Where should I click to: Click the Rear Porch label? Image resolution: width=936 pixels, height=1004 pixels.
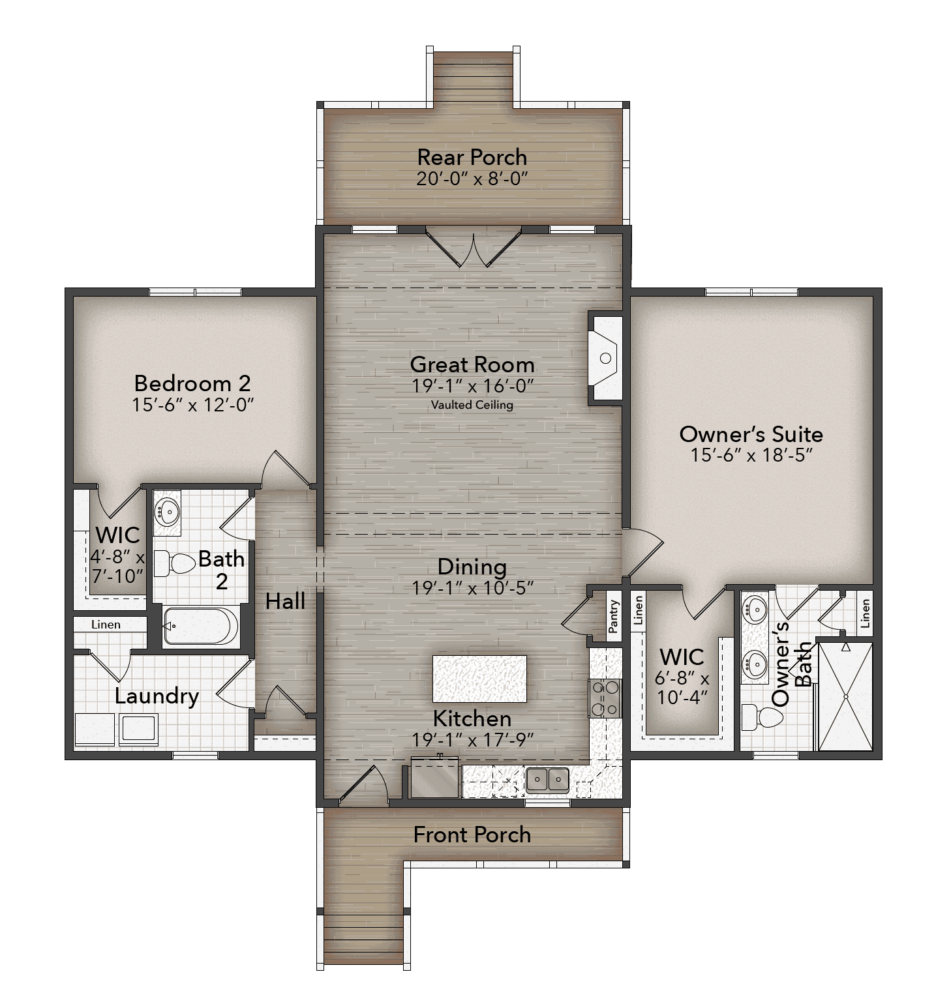[x=472, y=157]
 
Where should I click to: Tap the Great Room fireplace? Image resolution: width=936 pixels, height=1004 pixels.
[x=605, y=358]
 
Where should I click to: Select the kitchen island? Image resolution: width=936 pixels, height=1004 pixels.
[x=479, y=679]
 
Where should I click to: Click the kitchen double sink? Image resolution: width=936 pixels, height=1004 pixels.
[x=547, y=779]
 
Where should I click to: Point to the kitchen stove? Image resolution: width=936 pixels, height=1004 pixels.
[x=604, y=698]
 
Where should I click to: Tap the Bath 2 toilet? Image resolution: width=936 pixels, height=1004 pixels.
[x=175, y=563]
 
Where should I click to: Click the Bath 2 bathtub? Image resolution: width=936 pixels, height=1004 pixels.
[x=201, y=626]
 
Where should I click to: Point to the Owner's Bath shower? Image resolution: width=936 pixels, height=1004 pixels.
[x=845, y=696]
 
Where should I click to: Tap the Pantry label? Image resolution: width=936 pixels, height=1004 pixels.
[x=613, y=617]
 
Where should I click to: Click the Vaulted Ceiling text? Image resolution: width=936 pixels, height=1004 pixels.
[x=472, y=405]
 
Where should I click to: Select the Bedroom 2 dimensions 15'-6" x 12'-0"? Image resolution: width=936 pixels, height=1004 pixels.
[x=192, y=405]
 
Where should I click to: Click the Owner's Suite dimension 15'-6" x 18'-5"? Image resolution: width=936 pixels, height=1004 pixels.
[x=751, y=454]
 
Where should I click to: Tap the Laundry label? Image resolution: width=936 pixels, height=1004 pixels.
[x=157, y=697]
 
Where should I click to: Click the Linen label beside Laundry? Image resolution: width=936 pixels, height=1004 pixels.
[x=106, y=625]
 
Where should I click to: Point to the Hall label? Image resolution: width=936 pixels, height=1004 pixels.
[x=286, y=601]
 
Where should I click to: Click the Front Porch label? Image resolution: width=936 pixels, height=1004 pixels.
[x=472, y=835]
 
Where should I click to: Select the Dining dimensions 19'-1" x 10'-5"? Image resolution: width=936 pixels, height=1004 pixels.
[x=473, y=588]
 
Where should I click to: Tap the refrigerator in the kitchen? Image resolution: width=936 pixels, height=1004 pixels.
[x=435, y=778]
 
